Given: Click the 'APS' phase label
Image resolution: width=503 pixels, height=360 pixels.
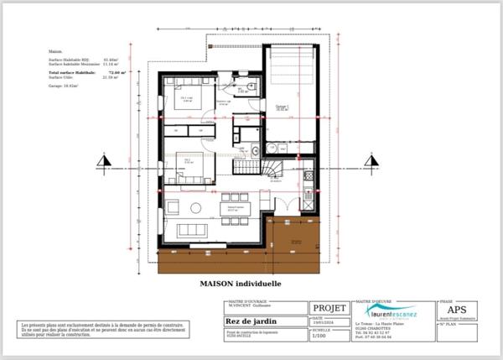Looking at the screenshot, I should pyautogui.click(x=462, y=309).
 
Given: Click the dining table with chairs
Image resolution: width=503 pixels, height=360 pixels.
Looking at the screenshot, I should pyautogui.click(x=234, y=207).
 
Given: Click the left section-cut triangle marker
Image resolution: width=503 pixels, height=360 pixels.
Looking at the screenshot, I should pyautogui.click(x=103, y=160).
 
